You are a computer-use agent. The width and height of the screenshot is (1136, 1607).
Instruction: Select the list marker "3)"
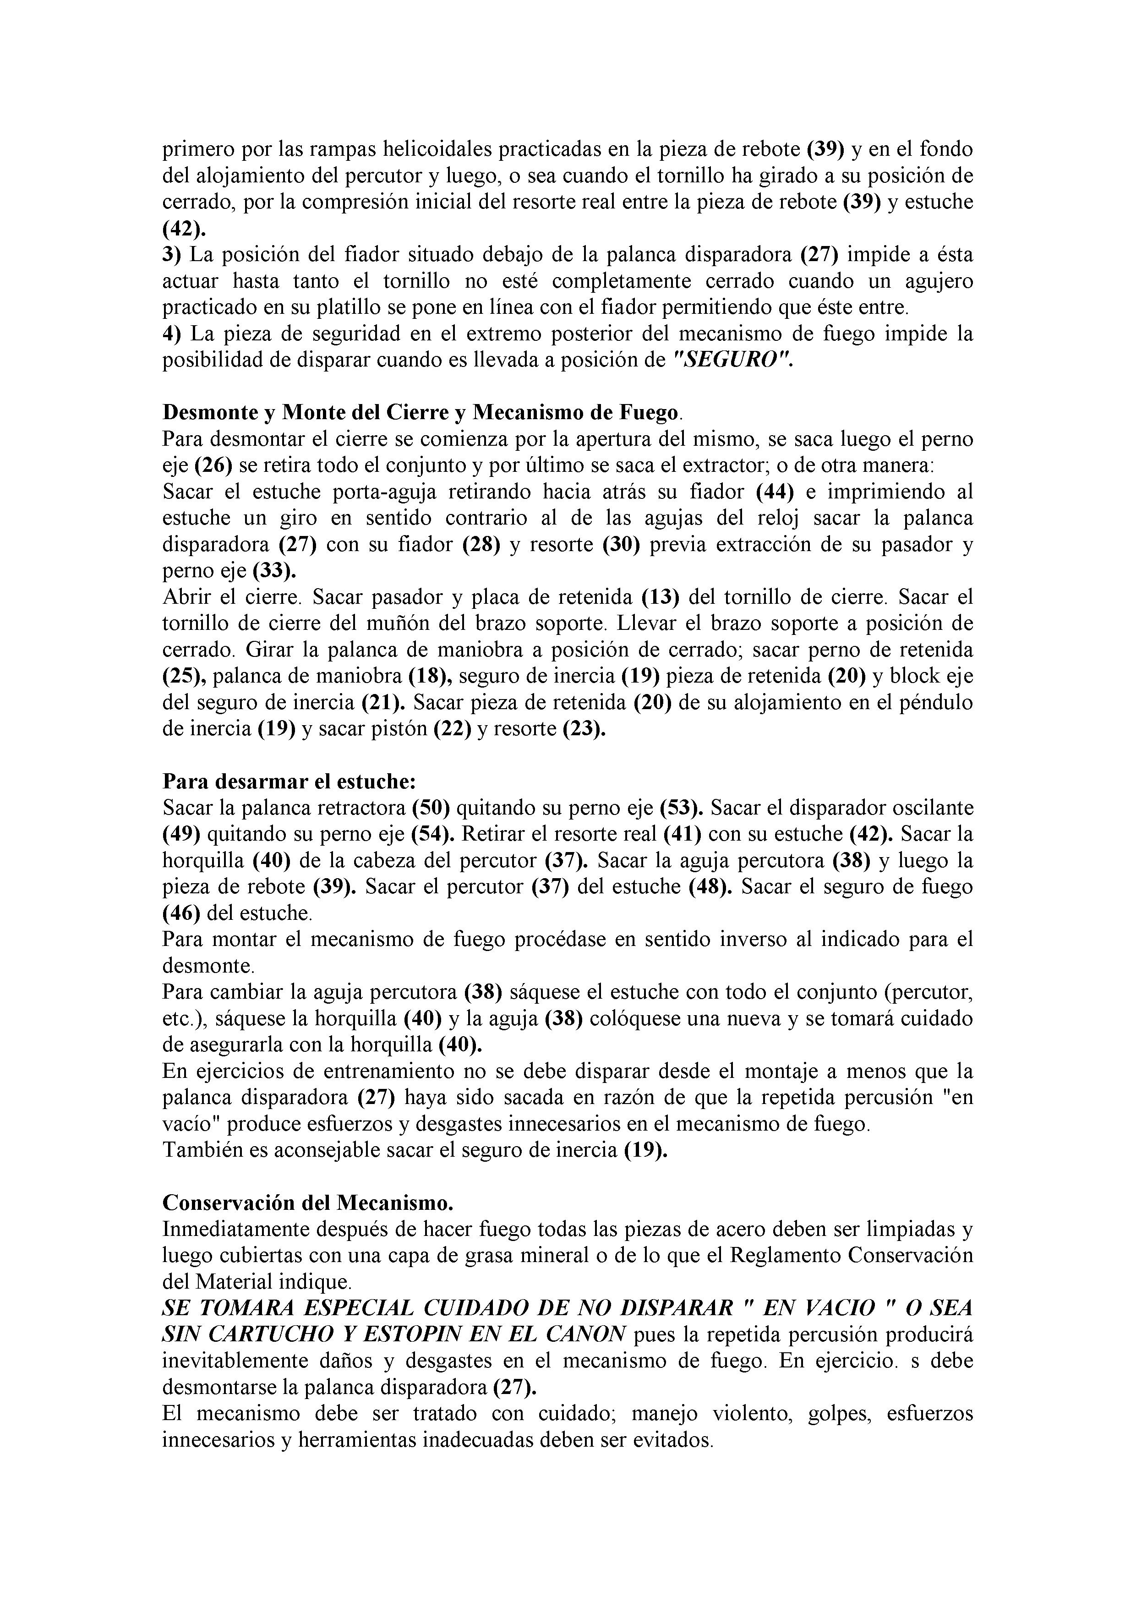pos(171,255)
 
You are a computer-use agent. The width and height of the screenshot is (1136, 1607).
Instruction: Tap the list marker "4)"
pos(171,334)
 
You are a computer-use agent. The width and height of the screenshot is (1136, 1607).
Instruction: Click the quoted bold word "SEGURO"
pos(732,361)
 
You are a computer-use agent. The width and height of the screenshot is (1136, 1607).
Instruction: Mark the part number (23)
pos(584,729)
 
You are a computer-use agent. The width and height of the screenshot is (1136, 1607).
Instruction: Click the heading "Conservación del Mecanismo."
pos(308,1203)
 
